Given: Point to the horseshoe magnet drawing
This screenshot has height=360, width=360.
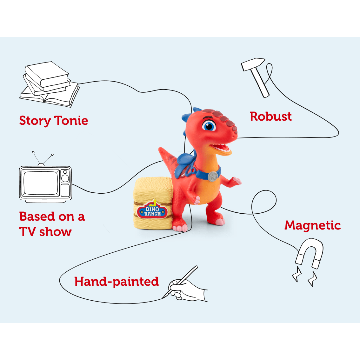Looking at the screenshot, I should (x=310, y=254).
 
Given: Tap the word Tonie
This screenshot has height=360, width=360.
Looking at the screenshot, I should (x=71, y=121).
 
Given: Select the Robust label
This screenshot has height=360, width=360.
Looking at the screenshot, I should (x=270, y=117).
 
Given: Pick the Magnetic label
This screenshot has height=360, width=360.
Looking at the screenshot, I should (x=312, y=225).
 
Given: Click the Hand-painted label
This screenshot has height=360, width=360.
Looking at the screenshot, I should (x=117, y=282).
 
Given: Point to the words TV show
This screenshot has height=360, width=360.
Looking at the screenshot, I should (x=45, y=232).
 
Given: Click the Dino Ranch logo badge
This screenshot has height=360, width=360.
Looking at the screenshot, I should (x=152, y=210).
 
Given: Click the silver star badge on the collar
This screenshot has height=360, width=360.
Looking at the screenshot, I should (x=213, y=176).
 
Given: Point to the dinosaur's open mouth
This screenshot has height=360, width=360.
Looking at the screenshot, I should (x=222, y=149).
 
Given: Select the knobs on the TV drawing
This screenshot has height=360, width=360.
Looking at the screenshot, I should (x=65, y=177).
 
